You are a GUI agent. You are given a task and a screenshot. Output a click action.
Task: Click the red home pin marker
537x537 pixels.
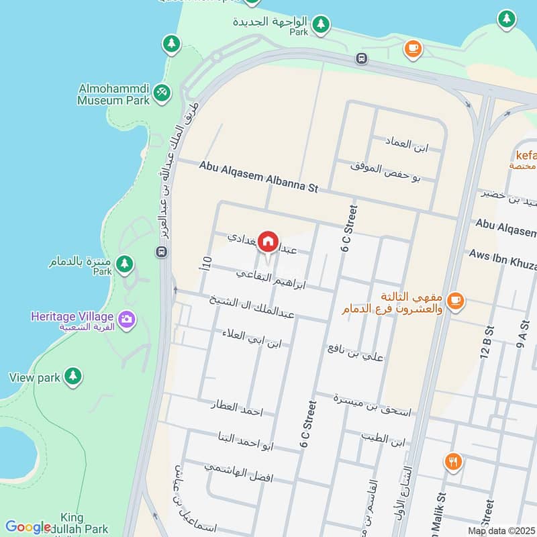point(268,241)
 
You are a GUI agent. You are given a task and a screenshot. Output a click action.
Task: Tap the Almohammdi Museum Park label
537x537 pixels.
point(112,95)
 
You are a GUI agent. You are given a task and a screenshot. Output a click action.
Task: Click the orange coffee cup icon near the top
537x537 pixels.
point(411,48)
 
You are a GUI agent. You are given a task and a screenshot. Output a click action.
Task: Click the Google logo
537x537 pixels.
point(28,527)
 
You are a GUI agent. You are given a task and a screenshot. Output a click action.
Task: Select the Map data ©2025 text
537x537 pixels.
point(501,530)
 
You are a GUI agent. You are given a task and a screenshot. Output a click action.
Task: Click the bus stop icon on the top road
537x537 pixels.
point(362,58)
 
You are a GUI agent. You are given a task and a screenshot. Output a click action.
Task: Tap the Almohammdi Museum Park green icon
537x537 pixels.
point(160,93)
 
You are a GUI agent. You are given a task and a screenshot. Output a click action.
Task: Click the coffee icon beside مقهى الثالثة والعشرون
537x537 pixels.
point(455,300)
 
